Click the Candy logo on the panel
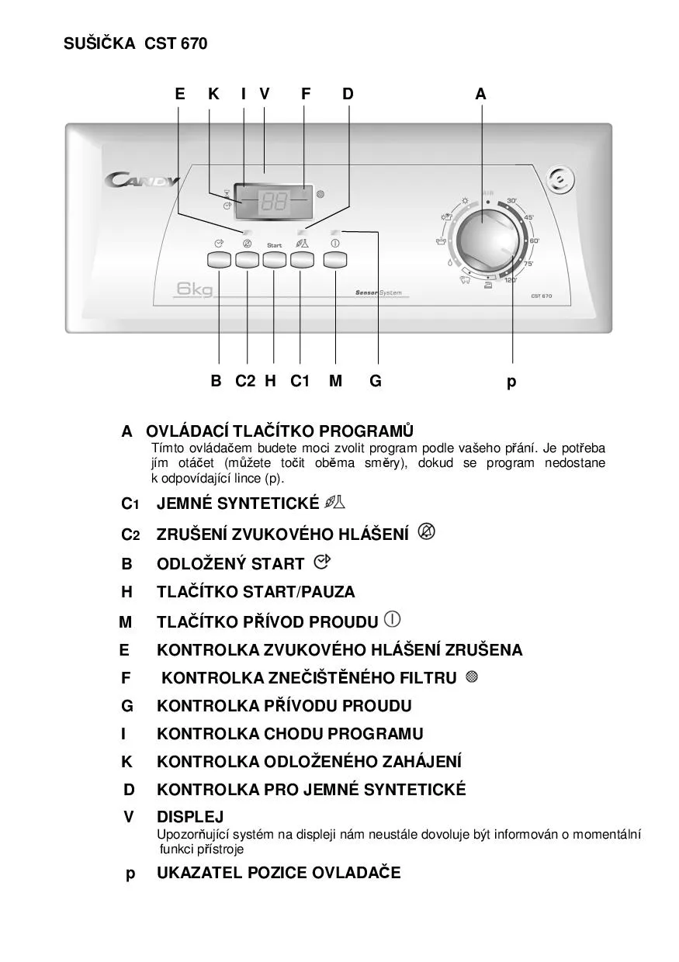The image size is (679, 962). [143, 181]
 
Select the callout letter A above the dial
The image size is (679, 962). [481, 94]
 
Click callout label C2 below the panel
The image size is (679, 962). [245, 381]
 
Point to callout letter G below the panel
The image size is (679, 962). [376, 381]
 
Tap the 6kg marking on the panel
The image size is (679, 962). [194, 290]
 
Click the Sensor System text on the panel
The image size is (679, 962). [378, 292]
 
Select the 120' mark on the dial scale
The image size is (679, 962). [511, 280]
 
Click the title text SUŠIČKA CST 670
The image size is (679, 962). [136, 44]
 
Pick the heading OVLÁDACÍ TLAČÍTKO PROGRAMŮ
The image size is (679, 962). [279, 431]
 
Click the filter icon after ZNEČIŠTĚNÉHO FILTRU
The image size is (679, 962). [472, 677]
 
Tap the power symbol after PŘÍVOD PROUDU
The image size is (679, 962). [393, 620]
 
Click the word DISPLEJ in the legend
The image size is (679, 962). [190, 817]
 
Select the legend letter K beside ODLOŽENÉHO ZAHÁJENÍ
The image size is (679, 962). [126, 762]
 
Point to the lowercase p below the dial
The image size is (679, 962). [511, 381]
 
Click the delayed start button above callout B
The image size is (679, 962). [219, 260]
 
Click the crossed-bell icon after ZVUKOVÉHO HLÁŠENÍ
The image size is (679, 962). [426, 531]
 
